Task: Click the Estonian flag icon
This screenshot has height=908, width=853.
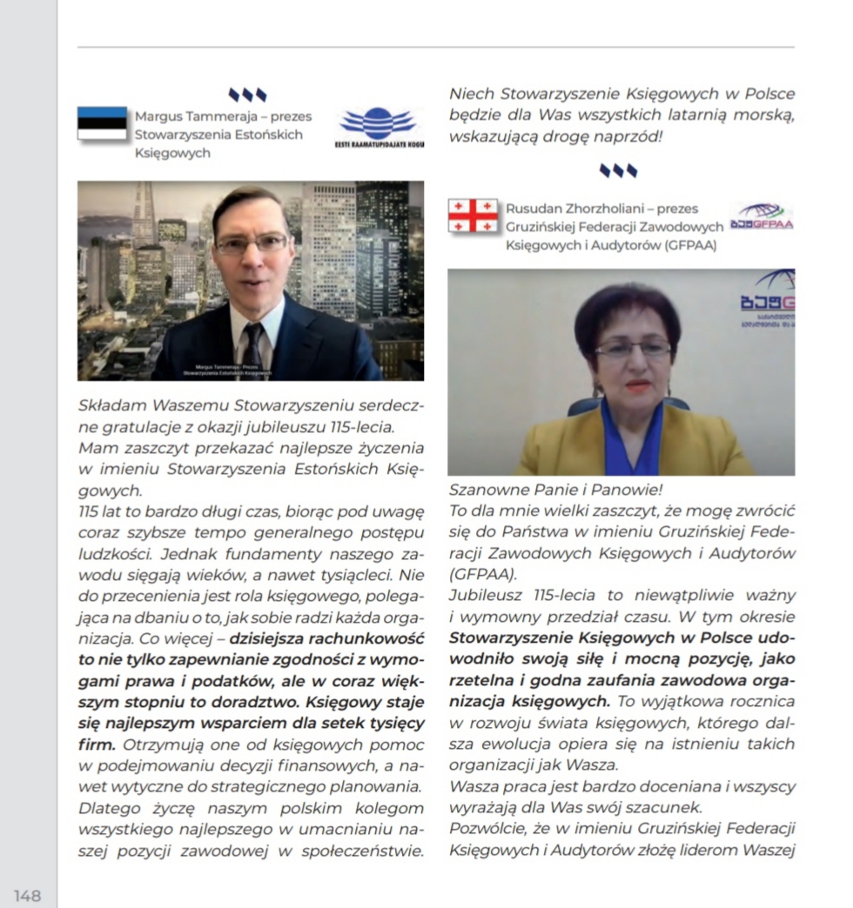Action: pyautogui.click(x=102, y=124)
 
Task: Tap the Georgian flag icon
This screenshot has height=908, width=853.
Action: pyautogui.click(x=473, y=216)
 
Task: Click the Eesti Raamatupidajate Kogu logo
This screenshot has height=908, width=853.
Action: pyautogui.click(x=379, y=127)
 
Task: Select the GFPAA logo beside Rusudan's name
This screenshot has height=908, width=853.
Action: pyautogui.click(x=762, y=217)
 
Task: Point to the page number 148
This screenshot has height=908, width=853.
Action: pyautogui.click(x=27, y=895)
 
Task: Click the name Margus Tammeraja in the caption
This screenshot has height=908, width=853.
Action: pyautogui.click(x=187, y=117)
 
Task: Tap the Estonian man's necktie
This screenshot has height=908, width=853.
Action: pyautogui.click(x=253, y=345)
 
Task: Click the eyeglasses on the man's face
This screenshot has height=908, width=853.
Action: pyautogui.click(x=252, y=244)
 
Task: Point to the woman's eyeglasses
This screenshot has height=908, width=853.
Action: pyautogui.click(x=633, y=349)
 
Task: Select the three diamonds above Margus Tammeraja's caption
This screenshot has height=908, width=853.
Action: pyautogui.click(x=247, y=94)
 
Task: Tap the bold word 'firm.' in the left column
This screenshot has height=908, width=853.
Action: pyautogui.click(x=97, y=744)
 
